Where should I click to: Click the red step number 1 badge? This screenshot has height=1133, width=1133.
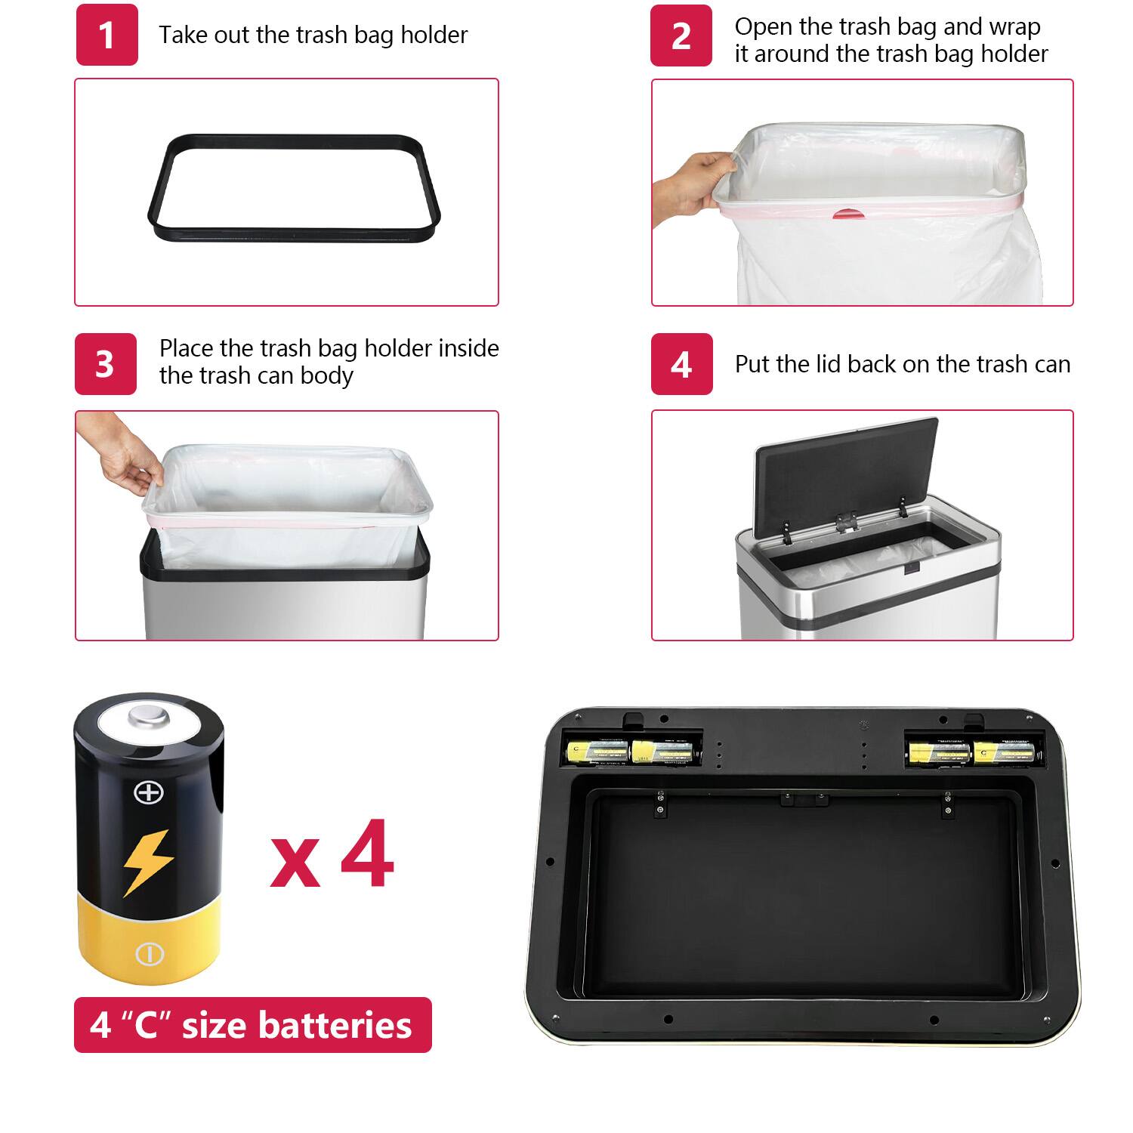click(x=107, y=35)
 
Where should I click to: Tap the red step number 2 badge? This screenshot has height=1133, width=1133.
click(x=681, y=36)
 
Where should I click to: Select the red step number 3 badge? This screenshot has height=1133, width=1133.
click(x=105, y=363)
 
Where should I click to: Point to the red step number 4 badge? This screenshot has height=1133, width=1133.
click(x=681, y=364)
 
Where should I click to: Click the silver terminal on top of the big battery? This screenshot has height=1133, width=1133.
click(x=148, y=715)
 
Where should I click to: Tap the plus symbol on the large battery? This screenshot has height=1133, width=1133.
click(x=148, y=792)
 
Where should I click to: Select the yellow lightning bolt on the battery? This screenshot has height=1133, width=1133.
click(x=148, y=862)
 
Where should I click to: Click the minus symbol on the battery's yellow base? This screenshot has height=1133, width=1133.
click(x=149, y=953)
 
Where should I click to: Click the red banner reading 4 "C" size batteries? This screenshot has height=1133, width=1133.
click(x=252, y=1025)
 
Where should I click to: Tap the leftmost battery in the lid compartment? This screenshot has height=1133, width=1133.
click(x=597, y=751)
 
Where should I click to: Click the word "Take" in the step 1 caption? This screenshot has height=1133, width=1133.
click(x=181, y=35)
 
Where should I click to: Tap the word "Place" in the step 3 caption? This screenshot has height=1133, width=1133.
click(x=184, y=348)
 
